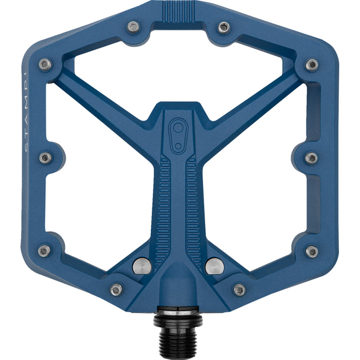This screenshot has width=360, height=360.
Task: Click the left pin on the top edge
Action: point(134,26)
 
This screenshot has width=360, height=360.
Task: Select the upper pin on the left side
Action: point(45,64)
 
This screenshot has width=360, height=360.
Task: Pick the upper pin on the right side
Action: point(312,65)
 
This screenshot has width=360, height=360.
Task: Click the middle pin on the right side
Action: point(311,158)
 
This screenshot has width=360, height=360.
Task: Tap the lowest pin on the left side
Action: point(45,251)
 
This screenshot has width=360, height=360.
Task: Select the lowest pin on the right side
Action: point(312,251)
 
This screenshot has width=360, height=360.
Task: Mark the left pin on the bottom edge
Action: point(117,290)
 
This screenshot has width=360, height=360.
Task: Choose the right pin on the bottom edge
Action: point(240,290)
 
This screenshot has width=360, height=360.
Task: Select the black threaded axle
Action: point(178,329)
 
